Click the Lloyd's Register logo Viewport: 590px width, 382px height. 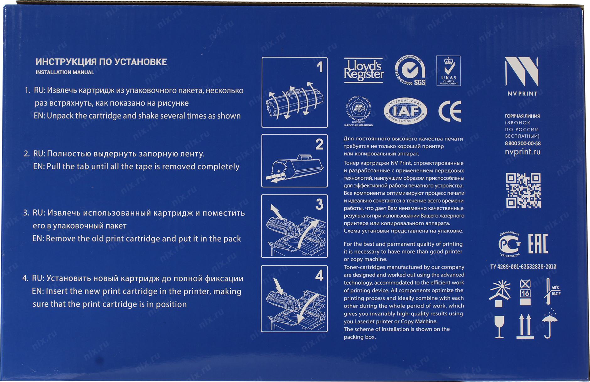363,71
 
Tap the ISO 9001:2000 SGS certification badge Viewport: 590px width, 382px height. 410,71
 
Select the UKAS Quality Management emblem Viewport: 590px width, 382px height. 448,71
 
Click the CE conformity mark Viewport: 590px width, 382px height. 450,111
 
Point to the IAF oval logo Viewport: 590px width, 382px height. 405,111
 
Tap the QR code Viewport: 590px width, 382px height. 523,190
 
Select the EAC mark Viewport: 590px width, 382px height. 538,244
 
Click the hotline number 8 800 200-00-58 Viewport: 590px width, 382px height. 523,144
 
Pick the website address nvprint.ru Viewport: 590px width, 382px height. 523,152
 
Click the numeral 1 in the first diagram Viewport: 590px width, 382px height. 319,67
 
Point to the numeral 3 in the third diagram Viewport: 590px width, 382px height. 319,205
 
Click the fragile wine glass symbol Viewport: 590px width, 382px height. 499,327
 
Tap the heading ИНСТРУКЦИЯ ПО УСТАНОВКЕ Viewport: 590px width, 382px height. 101,62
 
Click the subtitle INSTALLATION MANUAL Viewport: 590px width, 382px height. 65,72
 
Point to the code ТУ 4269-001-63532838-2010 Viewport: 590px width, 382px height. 523,267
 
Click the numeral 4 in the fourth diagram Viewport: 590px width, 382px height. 319,276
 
